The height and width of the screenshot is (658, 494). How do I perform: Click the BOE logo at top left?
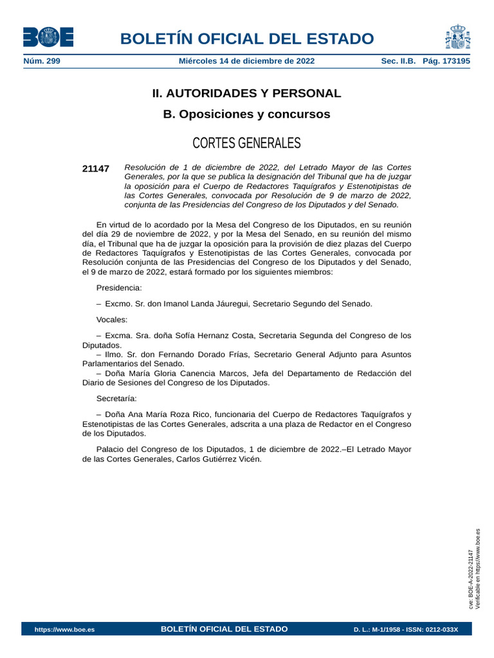tap(48, 37)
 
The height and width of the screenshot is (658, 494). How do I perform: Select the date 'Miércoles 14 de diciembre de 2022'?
tap(246, 61)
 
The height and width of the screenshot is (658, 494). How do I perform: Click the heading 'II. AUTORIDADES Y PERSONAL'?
tap(246, 93)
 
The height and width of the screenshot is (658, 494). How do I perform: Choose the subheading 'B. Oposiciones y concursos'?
tap(246, 114)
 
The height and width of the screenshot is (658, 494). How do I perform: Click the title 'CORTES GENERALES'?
tap(246, 143)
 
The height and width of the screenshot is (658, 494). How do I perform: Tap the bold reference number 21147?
tap(96, 168)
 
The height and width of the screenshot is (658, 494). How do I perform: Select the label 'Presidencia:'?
tap(119, 288)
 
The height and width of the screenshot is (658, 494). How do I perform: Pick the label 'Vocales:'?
tap(112, 319)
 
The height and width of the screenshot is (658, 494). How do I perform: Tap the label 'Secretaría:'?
tap(116, 398)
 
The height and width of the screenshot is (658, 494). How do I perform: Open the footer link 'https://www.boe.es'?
tap(64, 629)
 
